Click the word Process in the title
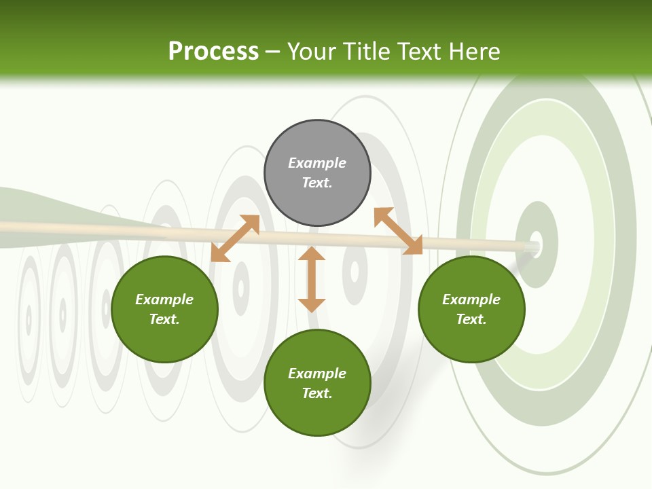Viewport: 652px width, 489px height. click(x=213, y=52)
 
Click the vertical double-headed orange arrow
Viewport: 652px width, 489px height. click(x=312, y=279)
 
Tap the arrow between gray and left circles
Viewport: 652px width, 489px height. click(x=235, y=238)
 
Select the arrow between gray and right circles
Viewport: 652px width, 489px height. click(x=398, y=231)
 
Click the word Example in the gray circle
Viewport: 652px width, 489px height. click(x=317, y=163)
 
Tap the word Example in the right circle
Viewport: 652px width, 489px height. click(x=471, y=300)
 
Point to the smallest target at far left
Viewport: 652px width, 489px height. click(x=29, y=319)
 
